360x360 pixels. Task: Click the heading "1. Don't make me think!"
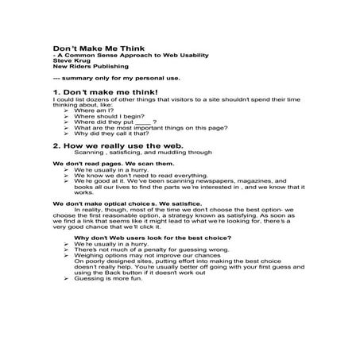click(106, 93)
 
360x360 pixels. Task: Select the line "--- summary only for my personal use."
click(115, 78)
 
